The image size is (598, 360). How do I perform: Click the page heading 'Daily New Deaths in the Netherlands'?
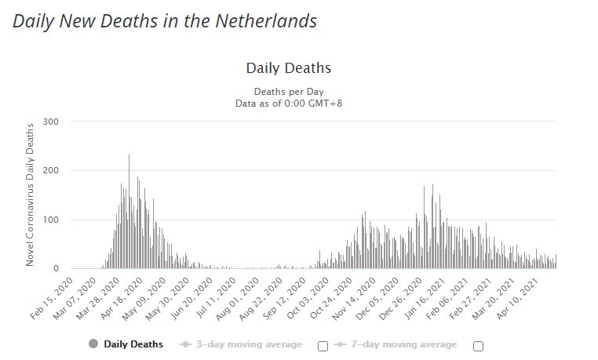click(165, 21)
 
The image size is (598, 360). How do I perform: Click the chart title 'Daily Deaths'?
click(288, 69)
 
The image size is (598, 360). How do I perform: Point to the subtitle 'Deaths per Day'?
click(288, 91)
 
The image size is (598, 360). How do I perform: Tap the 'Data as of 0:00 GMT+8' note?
click(288, 103)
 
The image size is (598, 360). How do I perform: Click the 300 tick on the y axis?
click(52, 122)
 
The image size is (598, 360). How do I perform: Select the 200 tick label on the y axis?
click(52, 171)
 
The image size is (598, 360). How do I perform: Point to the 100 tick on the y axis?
click(52, 220)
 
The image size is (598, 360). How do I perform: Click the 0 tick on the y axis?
click(56, 269)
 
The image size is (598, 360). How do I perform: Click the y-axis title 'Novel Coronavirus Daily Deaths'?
click(31, 194)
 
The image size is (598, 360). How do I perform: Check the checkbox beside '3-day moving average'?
click(323, 346)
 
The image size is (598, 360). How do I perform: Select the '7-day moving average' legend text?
click(402, 344)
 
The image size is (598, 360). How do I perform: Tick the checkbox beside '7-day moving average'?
click(478, 346)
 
